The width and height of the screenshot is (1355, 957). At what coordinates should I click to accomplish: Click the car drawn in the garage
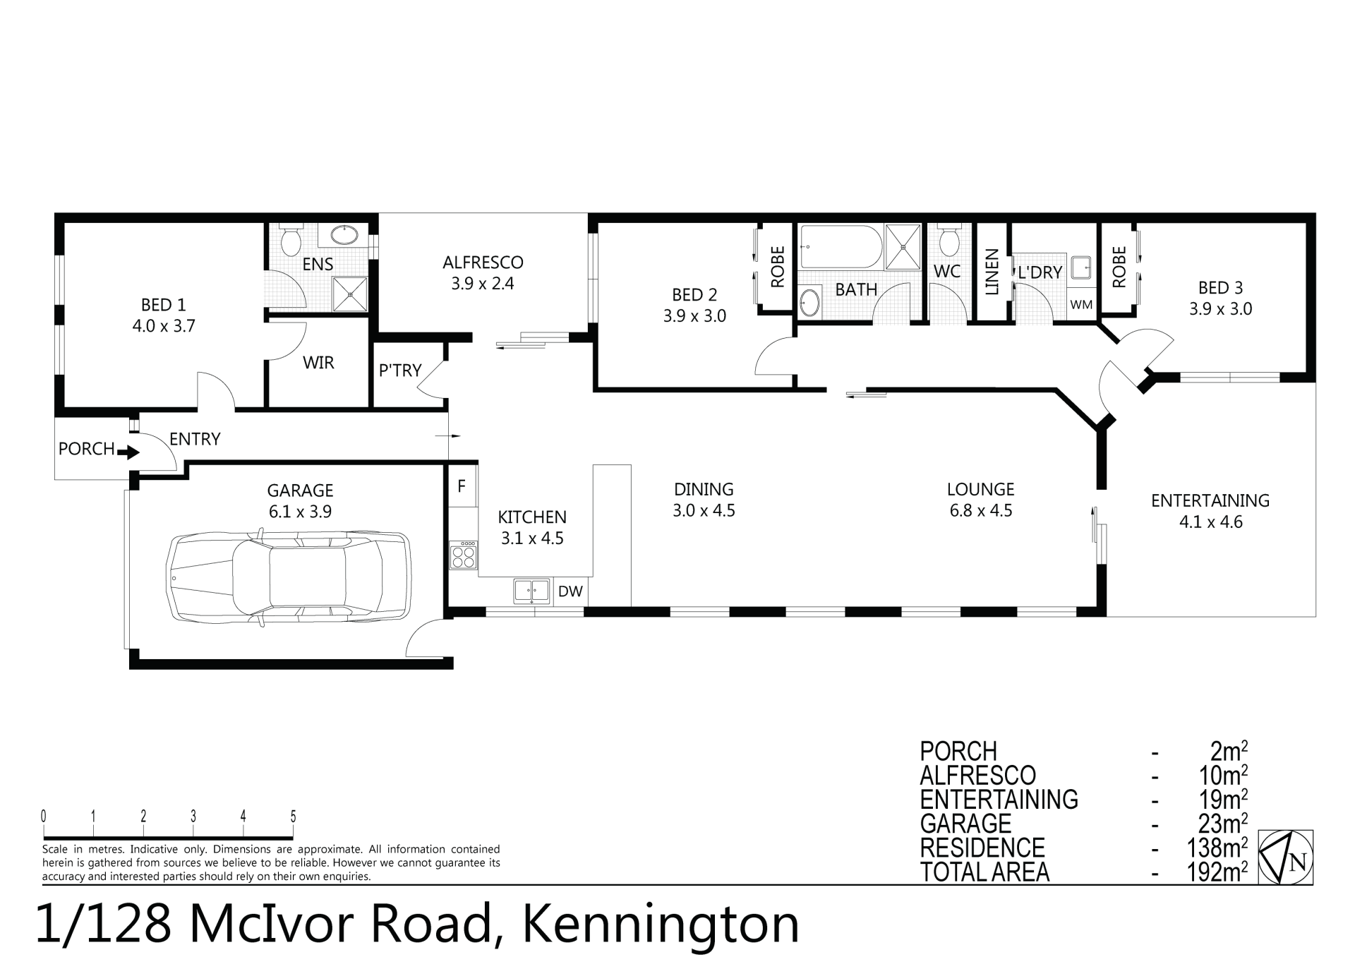pyautogui.click(x=288, y=579)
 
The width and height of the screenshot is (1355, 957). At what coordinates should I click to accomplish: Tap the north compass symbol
pyautogui.click(x=1286, y=857)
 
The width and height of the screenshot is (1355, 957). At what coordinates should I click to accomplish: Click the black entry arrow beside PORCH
pyautogui.click(x=128, y=452)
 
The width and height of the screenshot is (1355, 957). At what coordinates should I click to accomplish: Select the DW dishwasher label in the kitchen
pyautogui.click(x=570, y=591)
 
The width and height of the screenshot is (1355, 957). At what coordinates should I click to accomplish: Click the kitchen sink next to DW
pyautogui.click(x=531, y=591)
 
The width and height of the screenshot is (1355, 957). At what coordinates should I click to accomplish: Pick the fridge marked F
pyautogui.click(x=462, y=486)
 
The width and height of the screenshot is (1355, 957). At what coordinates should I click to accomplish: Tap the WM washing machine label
pyautogui.click(x=1081, y=305)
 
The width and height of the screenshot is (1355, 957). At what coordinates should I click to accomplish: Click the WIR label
pyautogui.click(x=318, y=363)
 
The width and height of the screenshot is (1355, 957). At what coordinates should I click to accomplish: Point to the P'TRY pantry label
pyautogui.click(x=399, y=370)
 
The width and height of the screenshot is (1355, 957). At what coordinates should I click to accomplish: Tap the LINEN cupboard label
pyautogui.click(x=992, y=272)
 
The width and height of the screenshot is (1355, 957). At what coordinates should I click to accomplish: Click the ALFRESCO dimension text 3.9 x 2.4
pyautogui.click(x=483, y=284)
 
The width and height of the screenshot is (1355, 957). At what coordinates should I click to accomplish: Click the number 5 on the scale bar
pyautogui.click(x=293, y=817)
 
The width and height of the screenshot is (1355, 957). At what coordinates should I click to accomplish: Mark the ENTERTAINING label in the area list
pyautogui.click(x=999, y=800)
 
